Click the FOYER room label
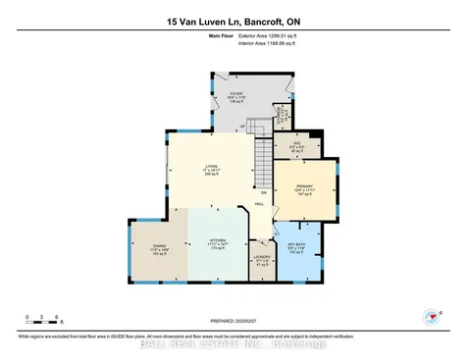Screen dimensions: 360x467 tap(235, 95)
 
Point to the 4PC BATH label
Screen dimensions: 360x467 tap(298, 246)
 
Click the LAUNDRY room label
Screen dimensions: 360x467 tap(262, 260)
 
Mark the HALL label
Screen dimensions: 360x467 tap(259, 203)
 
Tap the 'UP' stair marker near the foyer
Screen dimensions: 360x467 tap(243, 127)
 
